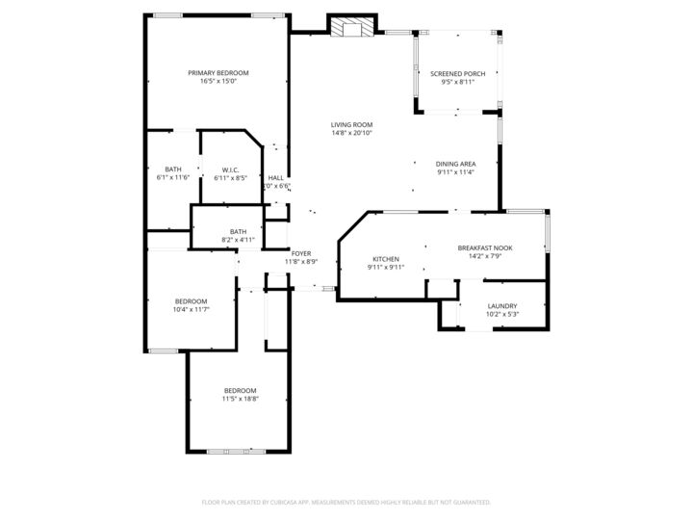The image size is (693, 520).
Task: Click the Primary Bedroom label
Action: [218, 73]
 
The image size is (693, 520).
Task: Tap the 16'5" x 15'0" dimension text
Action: [218, 82]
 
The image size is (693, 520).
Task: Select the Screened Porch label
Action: [457, 73]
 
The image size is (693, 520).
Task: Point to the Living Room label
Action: [351, 124]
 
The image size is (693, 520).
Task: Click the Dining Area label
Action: [455, 164]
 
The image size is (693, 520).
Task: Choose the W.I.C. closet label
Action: [230, 169]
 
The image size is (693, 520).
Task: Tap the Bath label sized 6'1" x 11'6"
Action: [173, 169]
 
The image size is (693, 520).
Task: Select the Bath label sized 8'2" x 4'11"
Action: [238, 231]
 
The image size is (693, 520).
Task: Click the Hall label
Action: [276, 177]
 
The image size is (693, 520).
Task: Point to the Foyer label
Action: [301, 253]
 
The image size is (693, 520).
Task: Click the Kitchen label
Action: [386, 259]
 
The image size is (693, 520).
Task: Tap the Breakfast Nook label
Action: [484, 247]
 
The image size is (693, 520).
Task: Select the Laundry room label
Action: [502, 305]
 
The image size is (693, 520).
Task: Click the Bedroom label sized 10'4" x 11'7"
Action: [190, 301]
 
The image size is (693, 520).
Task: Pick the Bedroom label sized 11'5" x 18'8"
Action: [241, 390]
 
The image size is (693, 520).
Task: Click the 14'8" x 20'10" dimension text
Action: [351, 133]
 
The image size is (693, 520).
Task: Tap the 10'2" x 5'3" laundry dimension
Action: [502, 314]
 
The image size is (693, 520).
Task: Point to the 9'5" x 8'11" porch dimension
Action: [457, 82]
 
